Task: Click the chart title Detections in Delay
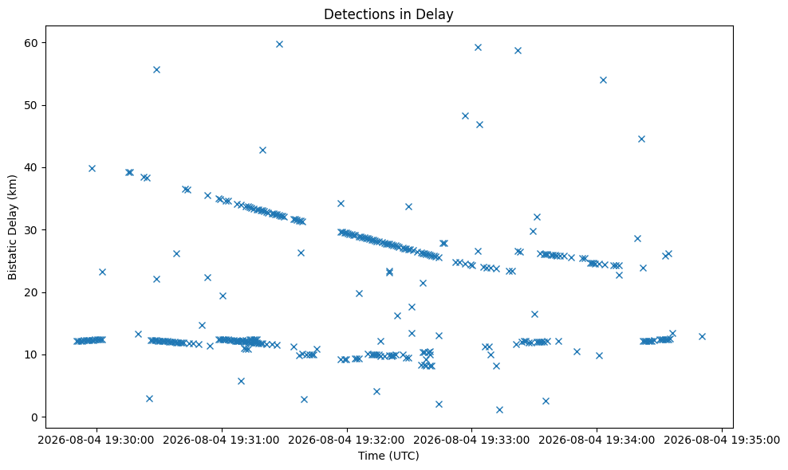point(388,14)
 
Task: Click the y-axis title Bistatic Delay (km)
point(13,228)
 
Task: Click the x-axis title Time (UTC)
point(388,456)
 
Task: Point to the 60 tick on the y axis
point(30,43)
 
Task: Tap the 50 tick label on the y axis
point(30,105)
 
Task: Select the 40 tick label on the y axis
point(30,168)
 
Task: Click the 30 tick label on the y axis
point(30,230)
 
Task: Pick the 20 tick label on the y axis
point(30,292)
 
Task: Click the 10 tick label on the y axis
point(30,354)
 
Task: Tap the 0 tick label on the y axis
point(34,417)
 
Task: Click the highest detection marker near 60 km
point(279,44)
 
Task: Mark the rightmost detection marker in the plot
point(702,336)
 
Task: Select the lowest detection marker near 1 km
point(499,409)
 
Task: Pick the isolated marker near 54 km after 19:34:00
point(603,80)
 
